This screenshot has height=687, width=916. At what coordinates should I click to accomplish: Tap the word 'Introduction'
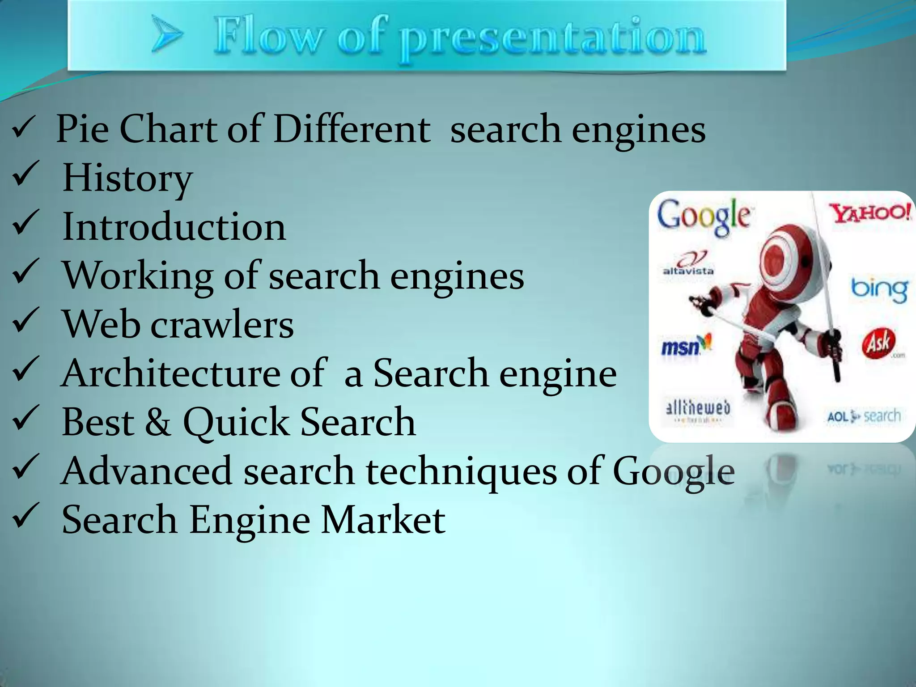[174, 227]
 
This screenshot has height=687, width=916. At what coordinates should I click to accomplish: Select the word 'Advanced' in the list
[146, 471]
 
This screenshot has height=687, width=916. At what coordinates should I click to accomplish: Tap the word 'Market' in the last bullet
[383, 520]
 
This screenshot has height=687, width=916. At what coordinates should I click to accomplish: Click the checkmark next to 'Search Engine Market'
[26, 517]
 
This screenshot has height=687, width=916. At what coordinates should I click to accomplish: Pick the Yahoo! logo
[869, 212]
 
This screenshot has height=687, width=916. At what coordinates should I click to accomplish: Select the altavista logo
[688, 264]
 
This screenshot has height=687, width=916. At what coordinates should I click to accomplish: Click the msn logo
[686, 345]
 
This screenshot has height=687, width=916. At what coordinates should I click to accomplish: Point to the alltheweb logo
[698, 410]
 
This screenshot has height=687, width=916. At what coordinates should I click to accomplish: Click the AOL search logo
[863, 416]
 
